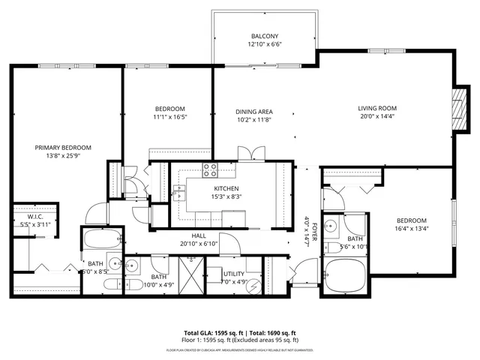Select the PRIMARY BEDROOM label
click(63, 147)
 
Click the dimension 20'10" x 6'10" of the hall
click(198, 244)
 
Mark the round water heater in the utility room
click(253, 286)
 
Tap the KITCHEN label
click(226, 188)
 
